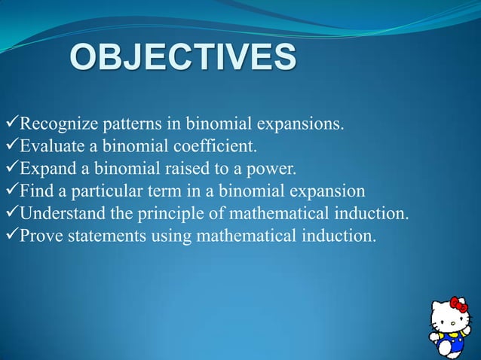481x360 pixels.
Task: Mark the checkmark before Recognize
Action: tap(9, 122)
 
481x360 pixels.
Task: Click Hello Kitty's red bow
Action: tap(458, 307)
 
